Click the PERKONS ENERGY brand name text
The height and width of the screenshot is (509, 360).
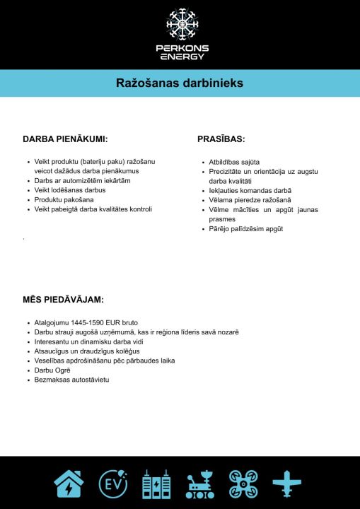click(x=180, y=52)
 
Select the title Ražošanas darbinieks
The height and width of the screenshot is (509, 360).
click(x=180, y=83)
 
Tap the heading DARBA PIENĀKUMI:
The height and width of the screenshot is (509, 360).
click(x=65, y=139)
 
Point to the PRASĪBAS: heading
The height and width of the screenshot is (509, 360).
click(x=221, y=139)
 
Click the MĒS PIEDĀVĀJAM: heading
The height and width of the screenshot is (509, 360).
click(x=64, y=300)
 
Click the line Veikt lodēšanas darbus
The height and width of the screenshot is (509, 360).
click(x=70, y=190)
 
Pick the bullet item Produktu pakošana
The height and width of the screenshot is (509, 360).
click(x=64, y=200)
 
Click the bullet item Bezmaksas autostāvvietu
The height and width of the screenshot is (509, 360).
click(x=71, y=380)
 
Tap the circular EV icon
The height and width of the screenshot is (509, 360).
click(x=113, y=484)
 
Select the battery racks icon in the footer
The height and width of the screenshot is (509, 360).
click(x=156, y=484)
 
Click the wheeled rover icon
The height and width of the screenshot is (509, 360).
click(x=200, y=484)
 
